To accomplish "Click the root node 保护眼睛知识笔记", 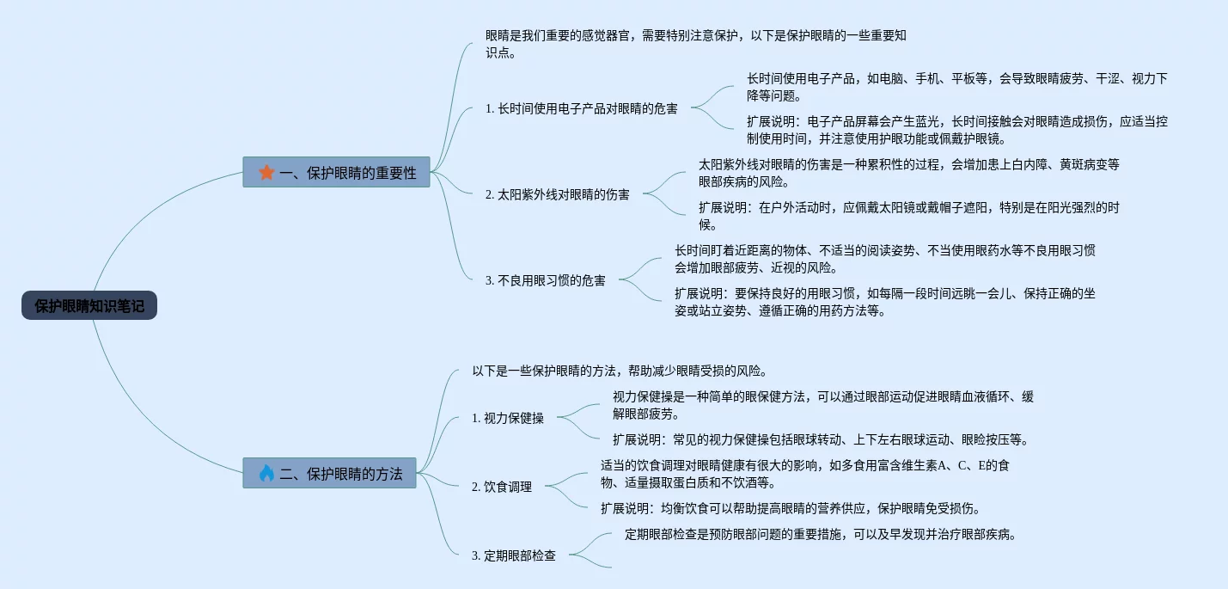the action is point(89,305).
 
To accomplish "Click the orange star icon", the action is point(266,172).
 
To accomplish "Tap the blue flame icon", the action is point(266,473).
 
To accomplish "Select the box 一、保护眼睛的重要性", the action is point(337,172).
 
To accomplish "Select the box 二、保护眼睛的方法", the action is point(330,473).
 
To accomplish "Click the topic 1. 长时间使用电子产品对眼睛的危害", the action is point(582,108).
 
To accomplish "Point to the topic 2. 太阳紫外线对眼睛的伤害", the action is point(558,194).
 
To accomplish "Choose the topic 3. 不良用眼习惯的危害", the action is point(546,280).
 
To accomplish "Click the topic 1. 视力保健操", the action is point(508,418).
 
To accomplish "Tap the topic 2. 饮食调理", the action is point(502,487).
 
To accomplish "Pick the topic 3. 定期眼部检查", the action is point(514,555).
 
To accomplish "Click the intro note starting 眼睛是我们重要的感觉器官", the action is point(696,44).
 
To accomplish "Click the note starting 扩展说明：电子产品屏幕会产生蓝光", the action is point(956,130).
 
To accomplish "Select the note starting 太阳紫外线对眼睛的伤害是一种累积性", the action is point(908,173).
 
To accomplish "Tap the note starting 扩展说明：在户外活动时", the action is point(908,216).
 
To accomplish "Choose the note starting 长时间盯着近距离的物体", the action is point(884,259).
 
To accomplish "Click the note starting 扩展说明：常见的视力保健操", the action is point(821,439).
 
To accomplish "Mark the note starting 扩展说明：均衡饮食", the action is point(791,508).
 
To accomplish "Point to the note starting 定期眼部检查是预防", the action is point(821,534).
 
